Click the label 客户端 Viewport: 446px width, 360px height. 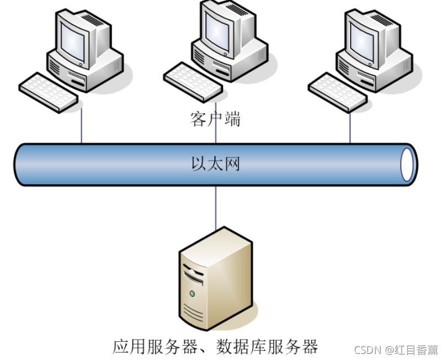click(215, 119)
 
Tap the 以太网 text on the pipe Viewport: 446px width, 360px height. click(215, 164)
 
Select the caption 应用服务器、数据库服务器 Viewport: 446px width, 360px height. click(215, 346)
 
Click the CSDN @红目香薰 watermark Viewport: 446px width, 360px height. click(396, 350)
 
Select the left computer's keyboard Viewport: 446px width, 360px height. click(49, 92)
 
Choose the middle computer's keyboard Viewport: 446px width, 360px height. click(193, 82)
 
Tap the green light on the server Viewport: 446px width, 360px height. click(192, 293)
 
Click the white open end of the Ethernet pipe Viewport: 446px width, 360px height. click(408, 164)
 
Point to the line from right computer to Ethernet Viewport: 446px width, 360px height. click(350, 128)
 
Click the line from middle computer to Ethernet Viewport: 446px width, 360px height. click(215, 135)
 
